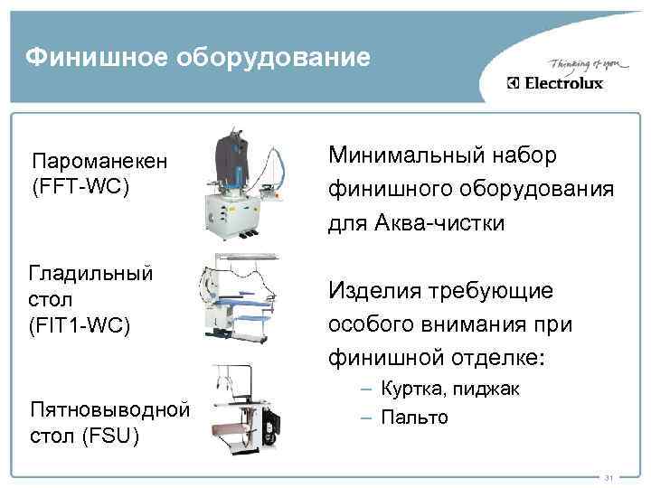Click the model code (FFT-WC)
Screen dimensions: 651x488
[80, 187]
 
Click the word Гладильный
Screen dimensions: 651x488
[90, 272]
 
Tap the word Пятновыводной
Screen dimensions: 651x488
[109, 412]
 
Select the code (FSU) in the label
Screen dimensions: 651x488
[108, 437]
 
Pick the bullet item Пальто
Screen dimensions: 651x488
[413, 418]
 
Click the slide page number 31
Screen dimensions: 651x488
[609, 477]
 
